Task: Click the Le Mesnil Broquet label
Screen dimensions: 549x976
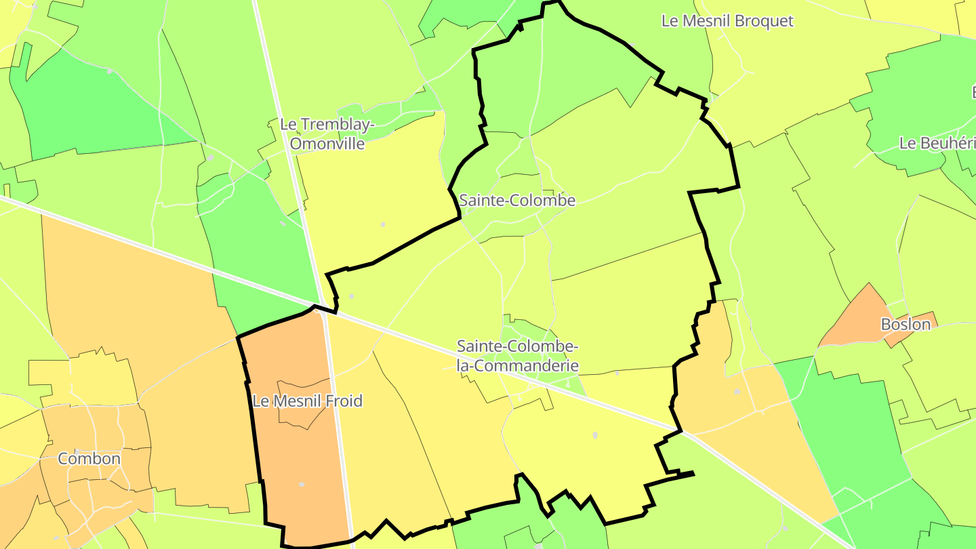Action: (x=727, y=21)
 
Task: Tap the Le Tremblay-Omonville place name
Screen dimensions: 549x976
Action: (x=327, y=134)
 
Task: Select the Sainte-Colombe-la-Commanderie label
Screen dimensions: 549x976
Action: (x=517, y=356)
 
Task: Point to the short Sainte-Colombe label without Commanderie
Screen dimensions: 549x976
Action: (x=517, y=201)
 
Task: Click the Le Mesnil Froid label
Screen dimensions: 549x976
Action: (x=307, y=401)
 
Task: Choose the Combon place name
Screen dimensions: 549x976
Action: (x=89, y=459)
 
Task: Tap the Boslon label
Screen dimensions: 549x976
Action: (x=906, y=325)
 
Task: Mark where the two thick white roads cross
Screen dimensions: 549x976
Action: (x=324, y=308)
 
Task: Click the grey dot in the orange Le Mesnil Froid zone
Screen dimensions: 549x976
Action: (x=302, y=485)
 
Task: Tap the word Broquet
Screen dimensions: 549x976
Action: (x=762, y=21)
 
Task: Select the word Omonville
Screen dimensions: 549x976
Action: (x=327, y=144)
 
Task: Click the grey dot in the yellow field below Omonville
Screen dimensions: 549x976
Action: (x=382, y=224)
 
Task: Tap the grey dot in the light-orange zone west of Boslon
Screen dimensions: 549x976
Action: (x=737, y=391)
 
